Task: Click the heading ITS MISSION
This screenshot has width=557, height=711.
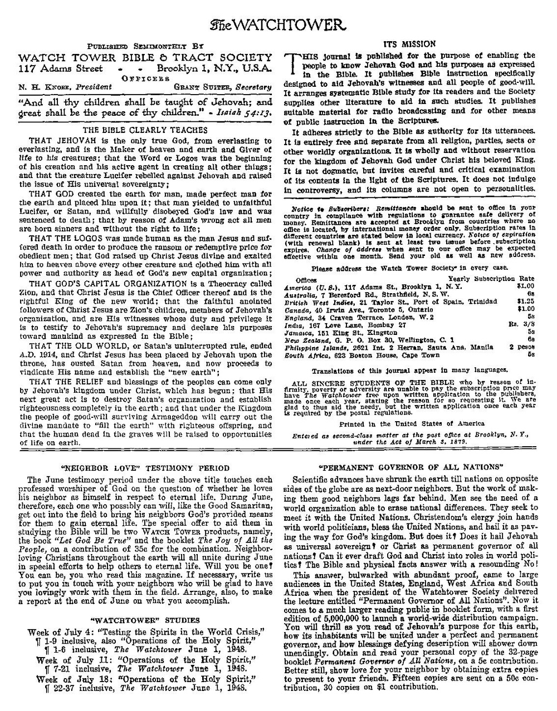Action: [410, 44]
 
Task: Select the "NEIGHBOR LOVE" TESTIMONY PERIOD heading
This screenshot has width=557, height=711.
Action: [144, 468]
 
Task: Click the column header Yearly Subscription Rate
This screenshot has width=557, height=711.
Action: [491, 279]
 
